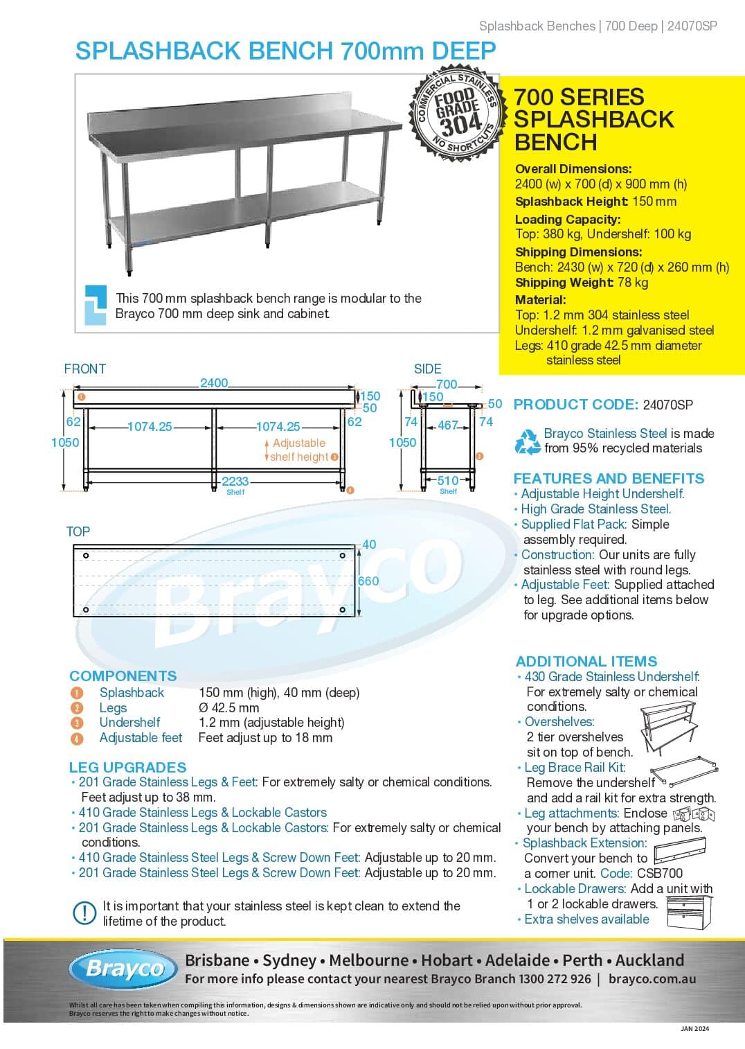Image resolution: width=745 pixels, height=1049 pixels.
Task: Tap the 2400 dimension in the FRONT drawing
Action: [214, 382]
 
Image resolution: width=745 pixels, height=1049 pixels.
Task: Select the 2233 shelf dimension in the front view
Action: [235, 481]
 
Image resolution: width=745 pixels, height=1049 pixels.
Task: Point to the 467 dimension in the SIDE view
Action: [448, 425]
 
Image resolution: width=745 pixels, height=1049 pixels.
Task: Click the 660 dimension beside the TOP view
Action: [368, 581]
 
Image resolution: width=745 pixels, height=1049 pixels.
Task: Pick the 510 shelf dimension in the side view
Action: [447, 480]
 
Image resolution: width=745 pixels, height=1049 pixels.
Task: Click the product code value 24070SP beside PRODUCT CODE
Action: [667, 405]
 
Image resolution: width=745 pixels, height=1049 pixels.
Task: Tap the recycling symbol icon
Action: [528, 441]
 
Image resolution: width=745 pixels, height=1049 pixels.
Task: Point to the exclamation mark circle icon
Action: [84, 913]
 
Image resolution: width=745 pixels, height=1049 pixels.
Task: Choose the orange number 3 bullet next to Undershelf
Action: [77, 723]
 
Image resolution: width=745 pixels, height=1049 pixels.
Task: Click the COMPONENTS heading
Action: [123, 676]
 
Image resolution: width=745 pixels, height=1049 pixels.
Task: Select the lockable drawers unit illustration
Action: [689, 910]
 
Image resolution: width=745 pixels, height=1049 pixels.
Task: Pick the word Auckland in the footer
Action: [649, 960]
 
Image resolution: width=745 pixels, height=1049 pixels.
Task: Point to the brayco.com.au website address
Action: [652, 979]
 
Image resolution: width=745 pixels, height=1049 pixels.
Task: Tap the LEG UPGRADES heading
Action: [127, 767]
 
